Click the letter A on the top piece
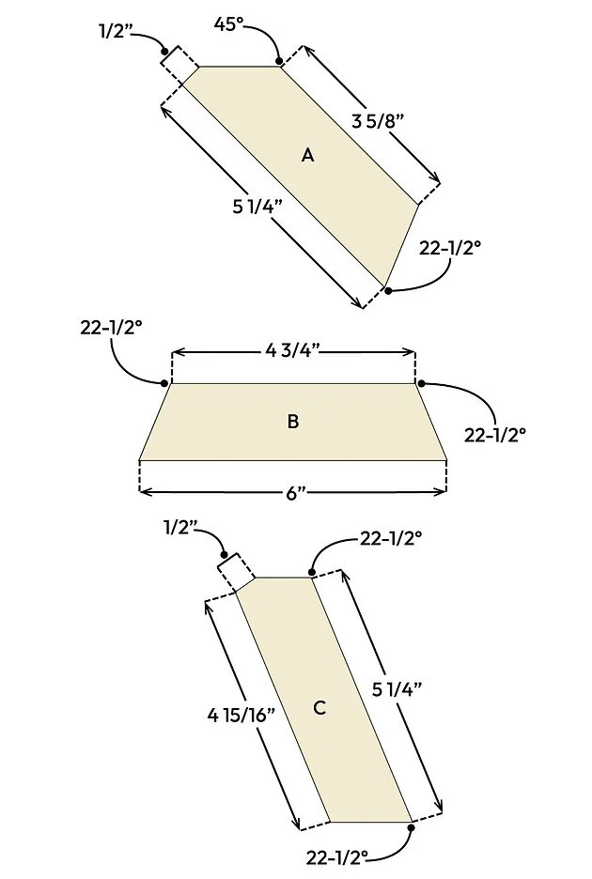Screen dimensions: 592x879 pyautogui.click(x=307, y=155)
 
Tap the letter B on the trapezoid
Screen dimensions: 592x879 pyautogui.click(x=293, y=421)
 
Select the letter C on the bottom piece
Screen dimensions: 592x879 pyautogui.click(x=319, y=707)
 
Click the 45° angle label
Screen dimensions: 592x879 pyautogui.click(x=229, y=24)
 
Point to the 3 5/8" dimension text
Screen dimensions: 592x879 pyautogui.click(x=378, y=121)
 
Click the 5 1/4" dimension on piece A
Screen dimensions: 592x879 pyautogui.click(x=257, y=207)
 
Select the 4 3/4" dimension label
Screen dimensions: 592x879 pyautogui.click(x=293, y=351)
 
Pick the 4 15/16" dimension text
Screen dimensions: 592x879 pyautogui.click(x=241, y=716)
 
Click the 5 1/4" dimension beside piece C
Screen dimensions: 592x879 pyautogui.click(x=397, y=689)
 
